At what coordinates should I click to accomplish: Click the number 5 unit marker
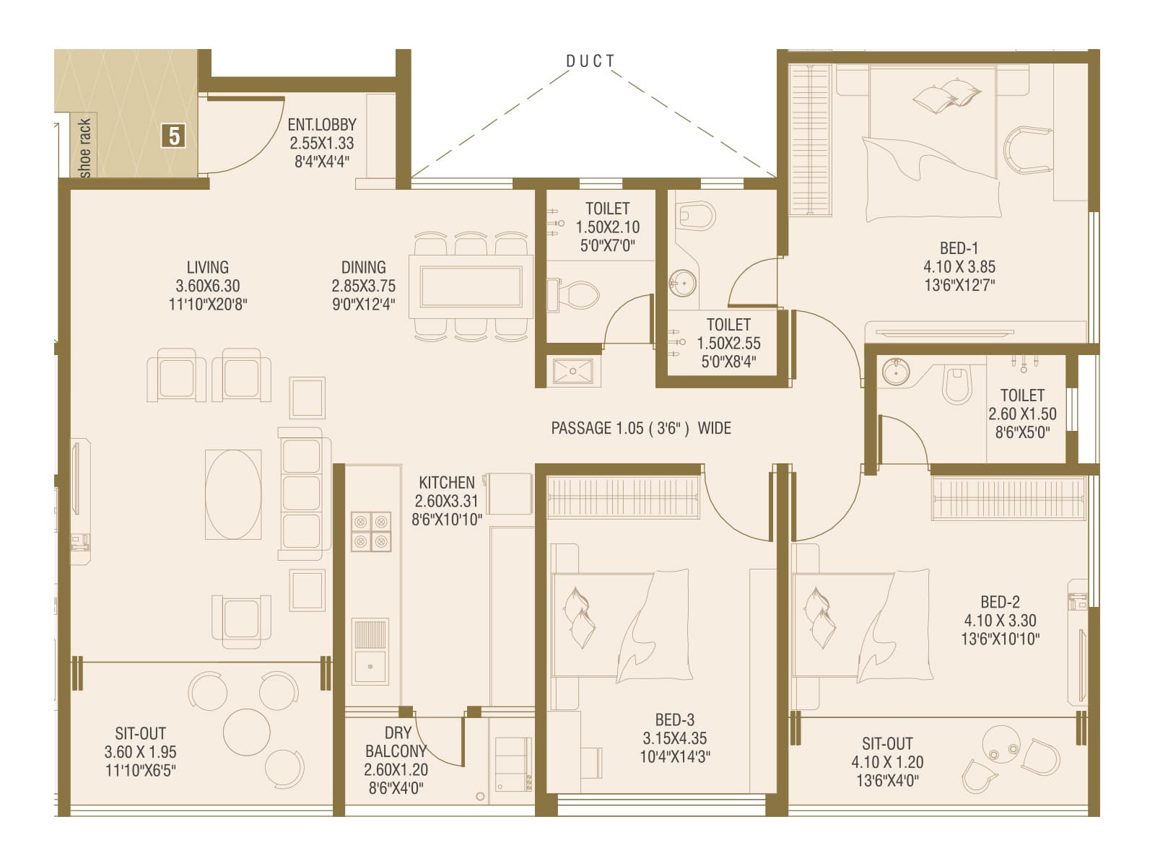pyautogui.click(x=174, y=135)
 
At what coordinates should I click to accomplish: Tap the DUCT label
pyautogui.click(x=590, y=61)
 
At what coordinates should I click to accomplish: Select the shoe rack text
pyautogui.click(x=85, y=147)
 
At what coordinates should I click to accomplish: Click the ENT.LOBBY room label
pyautogui.click(x=321, y=124)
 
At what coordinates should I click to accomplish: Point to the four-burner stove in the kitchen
pyautogui.click(x=370, y=531)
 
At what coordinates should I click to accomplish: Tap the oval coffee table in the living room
pyautogui.click(x=233, y=494)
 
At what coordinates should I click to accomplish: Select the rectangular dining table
pyautogui.click(x=471, y=287)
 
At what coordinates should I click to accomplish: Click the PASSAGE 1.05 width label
pyautogui.click(x=640, y=428)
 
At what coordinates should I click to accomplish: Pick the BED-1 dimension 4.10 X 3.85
pyautogui.click(x=959, y=266)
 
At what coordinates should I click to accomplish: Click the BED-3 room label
pyautogui.click(x=674, y=720)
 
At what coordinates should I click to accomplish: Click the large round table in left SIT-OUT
pyautogui.click(x=246, y=731)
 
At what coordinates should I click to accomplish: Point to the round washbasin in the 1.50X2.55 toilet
pyautogui.click(x=681, y=282)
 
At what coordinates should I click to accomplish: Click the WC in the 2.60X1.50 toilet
pyautogui.click(x=957, y=385)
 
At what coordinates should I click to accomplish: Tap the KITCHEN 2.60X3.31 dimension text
pyautogui.click(x=446, y=501)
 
